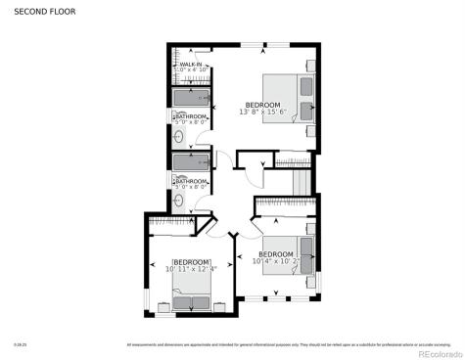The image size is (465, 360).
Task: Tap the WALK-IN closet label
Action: (x=190, y=65)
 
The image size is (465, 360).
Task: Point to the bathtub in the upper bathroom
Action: (x=190, y=98)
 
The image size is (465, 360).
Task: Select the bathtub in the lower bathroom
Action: (x=190, y=161)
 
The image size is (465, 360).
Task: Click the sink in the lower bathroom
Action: (x=179, y=201)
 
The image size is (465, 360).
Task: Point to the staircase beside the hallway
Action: (x=302, y=181)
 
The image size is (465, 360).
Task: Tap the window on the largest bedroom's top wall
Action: (x=262, y=45)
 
